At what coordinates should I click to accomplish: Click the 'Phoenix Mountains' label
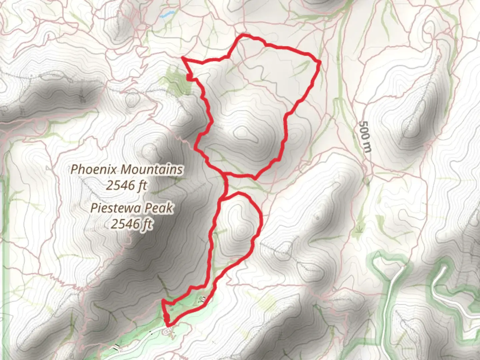tap(127, 169)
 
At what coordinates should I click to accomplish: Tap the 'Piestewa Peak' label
tap(132, 208)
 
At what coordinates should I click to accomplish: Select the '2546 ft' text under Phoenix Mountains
tap(127, 185)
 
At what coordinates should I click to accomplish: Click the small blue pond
tap(167, 14)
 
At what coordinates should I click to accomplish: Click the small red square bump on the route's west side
tap(189, 78)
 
